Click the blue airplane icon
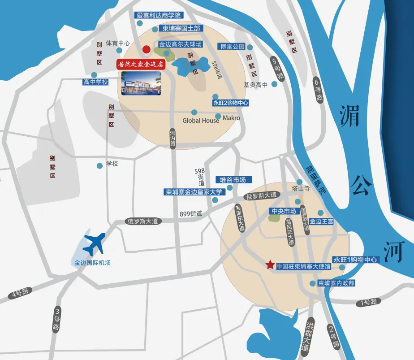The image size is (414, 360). pos(95,244)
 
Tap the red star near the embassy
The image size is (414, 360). pos(270,265)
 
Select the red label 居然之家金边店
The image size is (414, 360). pos(141,64)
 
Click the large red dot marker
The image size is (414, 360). pos(146,49)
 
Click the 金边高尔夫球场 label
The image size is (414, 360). pos(181,44)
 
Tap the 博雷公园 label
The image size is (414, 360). pos(232,47)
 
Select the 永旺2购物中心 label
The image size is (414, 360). pos(231,103)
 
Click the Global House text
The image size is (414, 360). pos(201,121)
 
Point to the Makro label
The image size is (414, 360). pos(231,118)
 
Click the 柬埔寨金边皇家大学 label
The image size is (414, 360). pos(194,192)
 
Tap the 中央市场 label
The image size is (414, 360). pos(283,211)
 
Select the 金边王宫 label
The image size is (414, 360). pos(321,221)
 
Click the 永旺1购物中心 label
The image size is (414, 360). pos(356,260)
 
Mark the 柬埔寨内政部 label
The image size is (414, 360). pos(336,283)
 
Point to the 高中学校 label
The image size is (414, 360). pos(96,82)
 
